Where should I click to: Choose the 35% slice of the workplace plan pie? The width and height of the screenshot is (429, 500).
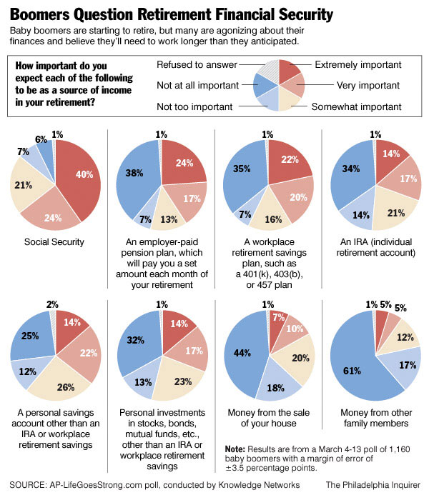(x=243, y=171)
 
